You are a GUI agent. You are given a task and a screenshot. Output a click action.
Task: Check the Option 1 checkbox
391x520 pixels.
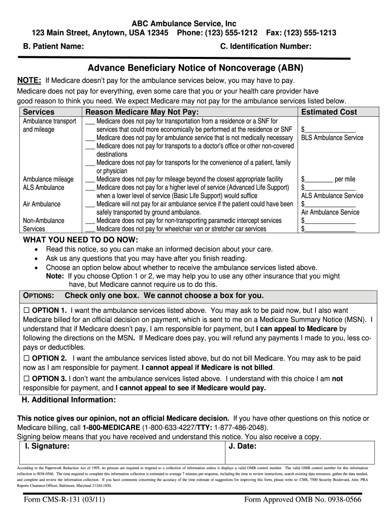pos(27,310)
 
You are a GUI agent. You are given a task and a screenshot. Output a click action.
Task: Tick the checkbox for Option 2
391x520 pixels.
pos(27,359)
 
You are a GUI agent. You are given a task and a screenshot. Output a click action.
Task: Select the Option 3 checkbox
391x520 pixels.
pos(27,379)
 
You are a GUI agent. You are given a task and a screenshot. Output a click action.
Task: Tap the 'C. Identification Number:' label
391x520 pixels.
pos(266,47)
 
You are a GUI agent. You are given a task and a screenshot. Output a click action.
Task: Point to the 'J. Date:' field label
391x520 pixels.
pos(243,446)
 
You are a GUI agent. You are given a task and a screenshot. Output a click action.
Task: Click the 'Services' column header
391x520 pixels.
pos(39,112)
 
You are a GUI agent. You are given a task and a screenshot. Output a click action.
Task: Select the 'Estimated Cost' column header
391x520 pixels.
pos(329,112)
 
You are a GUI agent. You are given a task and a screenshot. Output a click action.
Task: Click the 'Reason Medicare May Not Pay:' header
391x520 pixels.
pos(142,112)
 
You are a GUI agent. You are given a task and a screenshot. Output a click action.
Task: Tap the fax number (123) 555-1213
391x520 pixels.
pos(309,33)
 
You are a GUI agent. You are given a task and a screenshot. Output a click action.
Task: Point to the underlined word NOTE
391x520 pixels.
pos(29,81)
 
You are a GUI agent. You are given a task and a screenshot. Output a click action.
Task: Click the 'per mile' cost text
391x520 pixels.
pos(345,179)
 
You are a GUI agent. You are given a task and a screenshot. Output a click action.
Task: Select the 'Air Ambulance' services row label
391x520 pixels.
pos(42,204)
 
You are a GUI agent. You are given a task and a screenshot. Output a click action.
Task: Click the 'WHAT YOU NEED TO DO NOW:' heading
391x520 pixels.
pos(80,240)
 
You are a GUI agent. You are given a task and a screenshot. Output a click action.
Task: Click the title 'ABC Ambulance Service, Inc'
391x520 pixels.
pos(184,24)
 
